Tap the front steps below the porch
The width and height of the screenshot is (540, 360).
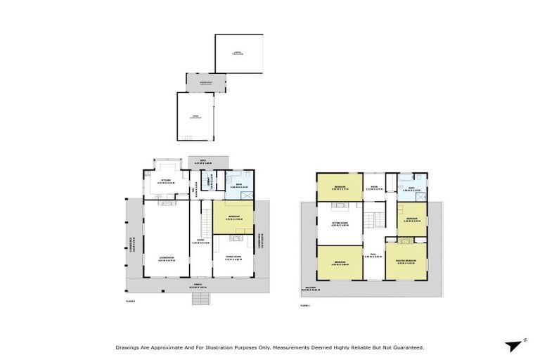point(201,299)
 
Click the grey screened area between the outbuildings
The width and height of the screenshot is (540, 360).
point(205,84)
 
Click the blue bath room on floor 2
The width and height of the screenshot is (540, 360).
point(411,187)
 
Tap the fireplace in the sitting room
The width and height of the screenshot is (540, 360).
point(340,205)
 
